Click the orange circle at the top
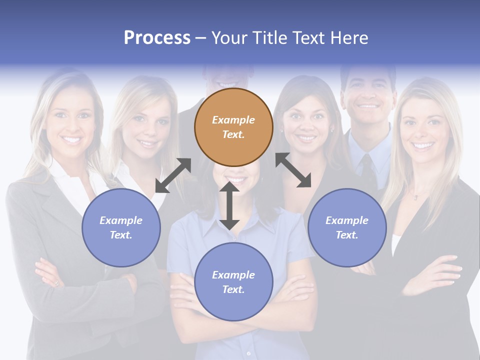[x=233, y=127]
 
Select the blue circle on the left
[x=121, y=227]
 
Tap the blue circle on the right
[x=347, y=227]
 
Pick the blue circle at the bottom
[x=233, y=282]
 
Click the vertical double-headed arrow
[x=229, y=205]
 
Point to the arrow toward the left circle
[x=173, y=175]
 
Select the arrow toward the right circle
[x=293, y=170]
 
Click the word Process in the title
[x=157, y=37]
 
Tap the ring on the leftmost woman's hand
[x=56, y=283]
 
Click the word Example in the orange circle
[x=233, y=120]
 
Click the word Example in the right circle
[x=347, y=220]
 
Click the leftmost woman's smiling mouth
[x=71, y=139]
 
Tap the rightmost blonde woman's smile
[x=422, y=146]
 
